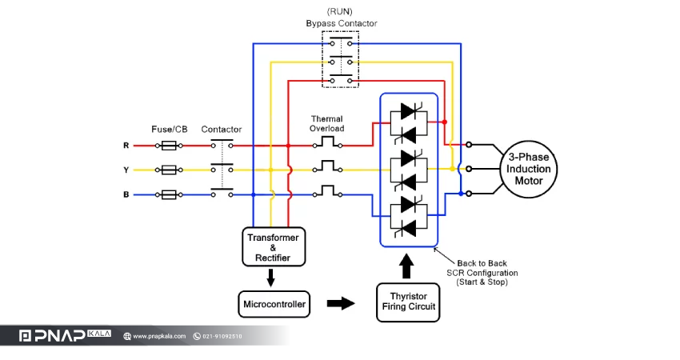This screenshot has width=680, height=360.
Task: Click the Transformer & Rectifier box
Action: click(274, 246)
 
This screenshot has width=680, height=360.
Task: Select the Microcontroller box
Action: click(274, 304)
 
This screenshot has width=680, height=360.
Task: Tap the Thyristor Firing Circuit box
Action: click(408, 302)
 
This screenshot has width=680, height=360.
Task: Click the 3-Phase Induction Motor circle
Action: click(529, 169)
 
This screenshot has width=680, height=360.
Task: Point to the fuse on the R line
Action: click(169, 146)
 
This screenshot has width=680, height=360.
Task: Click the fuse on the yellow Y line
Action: click(169, 170)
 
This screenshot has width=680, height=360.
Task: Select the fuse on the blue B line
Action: click(169, 194)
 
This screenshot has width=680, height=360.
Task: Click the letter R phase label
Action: click(126, 146)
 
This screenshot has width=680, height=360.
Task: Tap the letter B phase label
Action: click(126, 194)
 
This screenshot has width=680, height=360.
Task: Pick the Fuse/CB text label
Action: click(169, 130)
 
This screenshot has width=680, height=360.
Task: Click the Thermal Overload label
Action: click(327, 124)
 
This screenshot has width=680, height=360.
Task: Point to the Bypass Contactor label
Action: click(342, 23)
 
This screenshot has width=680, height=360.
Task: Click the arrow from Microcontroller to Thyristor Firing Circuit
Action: click(341, 303)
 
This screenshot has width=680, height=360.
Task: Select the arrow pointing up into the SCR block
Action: click(406, 266)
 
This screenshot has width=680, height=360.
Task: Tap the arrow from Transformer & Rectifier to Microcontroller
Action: click(270, 278)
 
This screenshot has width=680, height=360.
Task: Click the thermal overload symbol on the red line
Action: click(328, 142)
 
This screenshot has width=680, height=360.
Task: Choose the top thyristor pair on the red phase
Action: click(409, 123)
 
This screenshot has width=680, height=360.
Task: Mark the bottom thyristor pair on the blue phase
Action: click(409, 217)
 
